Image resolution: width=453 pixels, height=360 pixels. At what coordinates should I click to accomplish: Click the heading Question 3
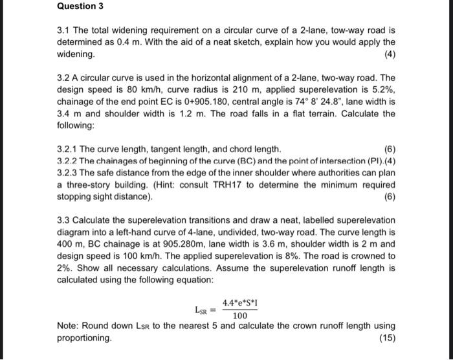point(80,7)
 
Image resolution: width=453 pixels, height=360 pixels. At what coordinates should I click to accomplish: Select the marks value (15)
point(388,338)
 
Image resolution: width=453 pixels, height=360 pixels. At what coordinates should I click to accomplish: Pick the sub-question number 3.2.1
point(72,148)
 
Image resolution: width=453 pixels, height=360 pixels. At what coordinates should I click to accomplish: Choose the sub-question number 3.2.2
point(72,161)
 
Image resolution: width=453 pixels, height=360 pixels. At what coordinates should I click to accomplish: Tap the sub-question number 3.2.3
point(72,172)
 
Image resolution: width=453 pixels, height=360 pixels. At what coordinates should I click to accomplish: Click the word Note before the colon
point(68,326)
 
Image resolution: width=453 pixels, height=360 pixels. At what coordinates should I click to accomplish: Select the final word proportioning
point(84,338)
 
